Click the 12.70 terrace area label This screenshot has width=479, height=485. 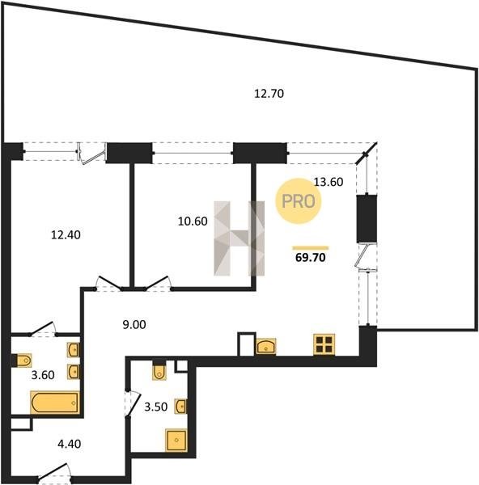(x=269, y=94)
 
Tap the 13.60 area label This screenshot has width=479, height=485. (x=329, y=182)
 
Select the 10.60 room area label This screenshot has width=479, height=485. (x=193, y=221)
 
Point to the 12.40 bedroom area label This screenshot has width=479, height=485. (x=66, y=235)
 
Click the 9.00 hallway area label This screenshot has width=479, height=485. (x=134, y=325)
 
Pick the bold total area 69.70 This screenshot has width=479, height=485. (x=311, y=257)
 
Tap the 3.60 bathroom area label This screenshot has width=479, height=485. (x=43, y=375)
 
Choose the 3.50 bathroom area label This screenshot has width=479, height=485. (x=156, y=407)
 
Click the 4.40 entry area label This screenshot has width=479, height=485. (x=70, y=444)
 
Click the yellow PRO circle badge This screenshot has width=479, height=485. (x=299, y=201)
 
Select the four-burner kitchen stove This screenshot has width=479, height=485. (x=324, y=345)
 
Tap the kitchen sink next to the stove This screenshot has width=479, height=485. (x=265, y=346)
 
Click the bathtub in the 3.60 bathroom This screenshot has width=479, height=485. (x=55, y=403)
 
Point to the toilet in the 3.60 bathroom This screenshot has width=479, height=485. (x=23, y=360)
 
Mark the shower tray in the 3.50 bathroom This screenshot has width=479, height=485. (x=176, y=440)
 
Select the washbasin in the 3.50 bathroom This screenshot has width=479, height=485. (x=181, y=407)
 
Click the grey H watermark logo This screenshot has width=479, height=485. (x=239, y=238)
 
